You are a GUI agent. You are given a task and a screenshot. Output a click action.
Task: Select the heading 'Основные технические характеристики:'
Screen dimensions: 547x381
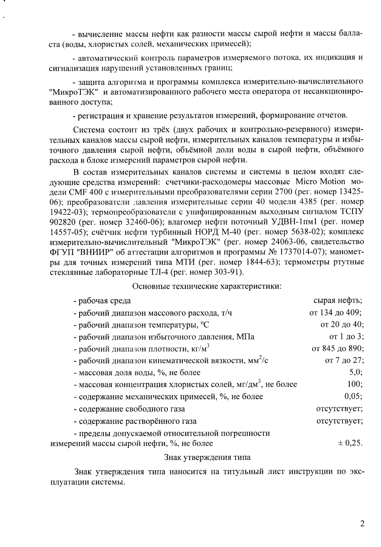point(207,286)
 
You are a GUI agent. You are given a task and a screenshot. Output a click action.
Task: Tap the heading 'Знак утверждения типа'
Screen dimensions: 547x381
point(207,457)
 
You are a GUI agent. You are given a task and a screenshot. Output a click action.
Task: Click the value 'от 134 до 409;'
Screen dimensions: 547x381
point(335,312)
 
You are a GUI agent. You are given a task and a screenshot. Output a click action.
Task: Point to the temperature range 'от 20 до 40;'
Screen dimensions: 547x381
point(342,324)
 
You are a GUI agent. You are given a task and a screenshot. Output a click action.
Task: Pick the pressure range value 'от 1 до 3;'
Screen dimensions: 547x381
point(346,337)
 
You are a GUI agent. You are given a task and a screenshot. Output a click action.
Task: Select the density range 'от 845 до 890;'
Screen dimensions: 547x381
point(337,349)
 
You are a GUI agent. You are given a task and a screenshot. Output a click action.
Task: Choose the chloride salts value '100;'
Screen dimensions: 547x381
point(355,384)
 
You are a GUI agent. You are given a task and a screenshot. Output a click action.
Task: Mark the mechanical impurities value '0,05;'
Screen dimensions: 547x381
point(353,396)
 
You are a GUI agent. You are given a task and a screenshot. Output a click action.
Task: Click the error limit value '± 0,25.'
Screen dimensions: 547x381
point(350,443)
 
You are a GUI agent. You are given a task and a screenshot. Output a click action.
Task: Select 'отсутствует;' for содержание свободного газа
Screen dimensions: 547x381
point(339,408)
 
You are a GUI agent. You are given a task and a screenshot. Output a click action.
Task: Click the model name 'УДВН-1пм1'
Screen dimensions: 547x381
point(295,222)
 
